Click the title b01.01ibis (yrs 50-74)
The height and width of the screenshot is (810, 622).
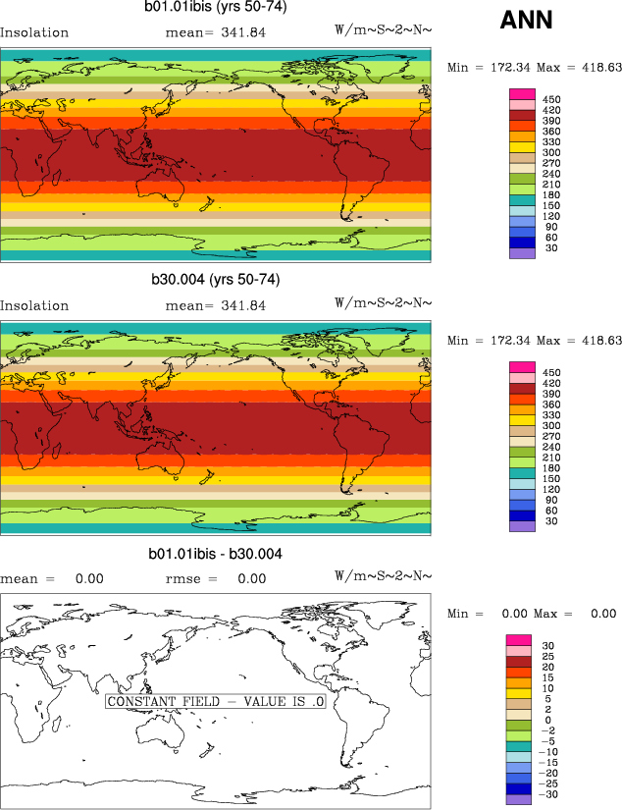pos(215,8)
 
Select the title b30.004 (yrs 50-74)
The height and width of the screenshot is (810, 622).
pos(215,280)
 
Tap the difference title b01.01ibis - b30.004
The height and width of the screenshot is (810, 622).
pos(215,554)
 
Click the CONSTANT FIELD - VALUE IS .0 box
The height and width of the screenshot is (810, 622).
pos(215,702)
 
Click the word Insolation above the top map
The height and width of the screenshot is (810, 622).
pos(34,32)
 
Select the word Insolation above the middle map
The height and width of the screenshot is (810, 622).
pos(34,305)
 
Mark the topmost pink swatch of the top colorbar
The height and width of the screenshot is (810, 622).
pos(521,93)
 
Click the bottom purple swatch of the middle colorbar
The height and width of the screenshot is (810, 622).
pos(521,526)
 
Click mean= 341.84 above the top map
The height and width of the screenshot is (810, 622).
pos(215,32)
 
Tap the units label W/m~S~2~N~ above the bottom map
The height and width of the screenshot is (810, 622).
pos(383,578)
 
